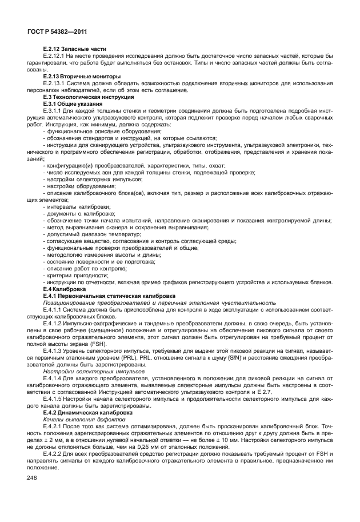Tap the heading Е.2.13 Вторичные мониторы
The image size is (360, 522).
(x=82, y=76)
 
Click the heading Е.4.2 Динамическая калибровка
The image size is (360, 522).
(x=87, y=412)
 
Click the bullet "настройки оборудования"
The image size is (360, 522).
(x=79, y=186)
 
